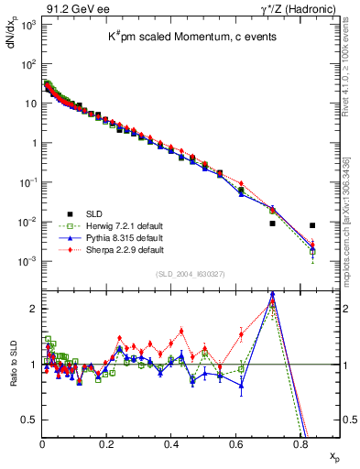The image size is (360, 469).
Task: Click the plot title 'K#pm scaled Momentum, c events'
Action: pyautogui.click(x=191, y=39)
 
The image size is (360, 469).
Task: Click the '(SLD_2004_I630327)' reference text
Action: pyautogui.click(x=191, y=274)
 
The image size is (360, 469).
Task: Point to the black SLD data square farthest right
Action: pyautogui.click(x=312, y=225)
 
